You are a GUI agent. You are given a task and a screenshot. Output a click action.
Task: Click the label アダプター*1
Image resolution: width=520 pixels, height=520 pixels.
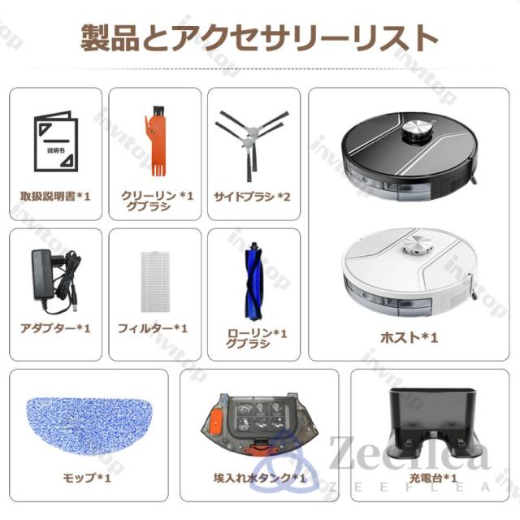click(x=55, y=328)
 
